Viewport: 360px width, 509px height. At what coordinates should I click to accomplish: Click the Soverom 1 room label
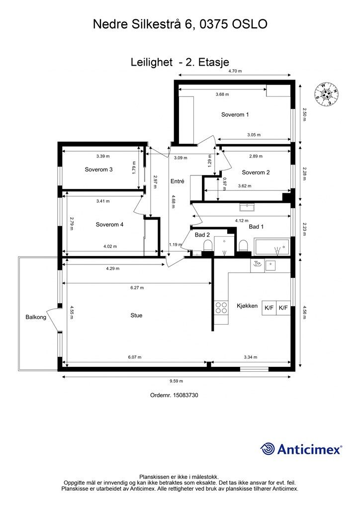click(235, 115)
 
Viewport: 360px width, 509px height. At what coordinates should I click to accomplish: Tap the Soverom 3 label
click(98, 170)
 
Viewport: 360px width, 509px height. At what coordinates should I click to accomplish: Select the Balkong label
click(36, 317)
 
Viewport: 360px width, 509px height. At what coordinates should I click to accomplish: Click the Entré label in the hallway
click(177, 181)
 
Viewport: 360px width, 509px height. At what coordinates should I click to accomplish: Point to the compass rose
click(326, 94)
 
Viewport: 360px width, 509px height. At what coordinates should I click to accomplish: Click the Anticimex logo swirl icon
click(268, 449)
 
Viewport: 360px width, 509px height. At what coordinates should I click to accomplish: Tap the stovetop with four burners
click(221, 307)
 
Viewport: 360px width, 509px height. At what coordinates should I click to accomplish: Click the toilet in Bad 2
click(208, 246)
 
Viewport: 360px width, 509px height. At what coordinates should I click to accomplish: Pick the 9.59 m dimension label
click(176, 381)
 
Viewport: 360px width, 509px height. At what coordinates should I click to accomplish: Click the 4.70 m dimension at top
click(235, 71)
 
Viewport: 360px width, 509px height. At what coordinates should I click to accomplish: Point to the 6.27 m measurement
click(137, 288)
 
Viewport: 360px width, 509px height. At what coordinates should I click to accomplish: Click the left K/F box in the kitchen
click(269, 307)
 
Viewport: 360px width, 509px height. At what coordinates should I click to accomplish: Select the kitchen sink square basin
click(270, 265)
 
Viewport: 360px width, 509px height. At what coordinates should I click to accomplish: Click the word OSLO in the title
click(250, 24)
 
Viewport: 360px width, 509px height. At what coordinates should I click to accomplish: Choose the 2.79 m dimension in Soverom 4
click(72, 224)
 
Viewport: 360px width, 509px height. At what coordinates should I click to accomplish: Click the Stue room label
click(136, 315)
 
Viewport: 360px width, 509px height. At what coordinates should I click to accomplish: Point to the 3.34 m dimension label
click(251, 357)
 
